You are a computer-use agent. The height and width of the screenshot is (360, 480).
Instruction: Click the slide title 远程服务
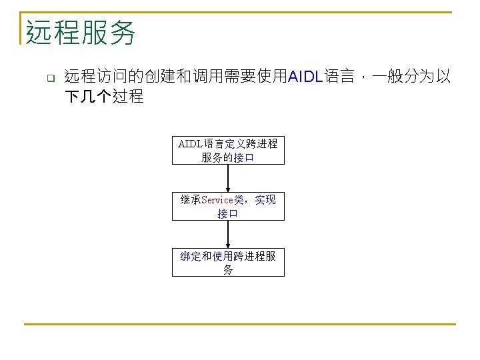coord(81,32)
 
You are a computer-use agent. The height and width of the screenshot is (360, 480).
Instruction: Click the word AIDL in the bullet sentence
coord(305,77)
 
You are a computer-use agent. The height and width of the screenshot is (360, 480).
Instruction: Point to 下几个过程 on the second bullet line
coord(104,97)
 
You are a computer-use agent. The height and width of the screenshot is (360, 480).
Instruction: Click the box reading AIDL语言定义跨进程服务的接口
coord(228,150)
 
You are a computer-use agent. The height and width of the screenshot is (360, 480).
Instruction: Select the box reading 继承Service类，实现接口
coord(228,206)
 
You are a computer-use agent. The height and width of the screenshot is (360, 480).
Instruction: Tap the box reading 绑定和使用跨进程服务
coord(228,263)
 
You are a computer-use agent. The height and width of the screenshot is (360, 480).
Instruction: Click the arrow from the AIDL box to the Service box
coord(228,178)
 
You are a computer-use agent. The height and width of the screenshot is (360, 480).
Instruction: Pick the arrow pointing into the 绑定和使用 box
coord(228,234)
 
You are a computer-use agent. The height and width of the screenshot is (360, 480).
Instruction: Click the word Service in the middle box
coord(217,199)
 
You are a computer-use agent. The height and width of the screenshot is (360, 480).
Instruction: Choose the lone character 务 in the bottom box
coord(228,270)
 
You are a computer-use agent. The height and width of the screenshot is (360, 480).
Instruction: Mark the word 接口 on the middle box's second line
coord(228,214)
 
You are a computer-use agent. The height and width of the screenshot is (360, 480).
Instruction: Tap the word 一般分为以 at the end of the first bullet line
coord(411,77)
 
